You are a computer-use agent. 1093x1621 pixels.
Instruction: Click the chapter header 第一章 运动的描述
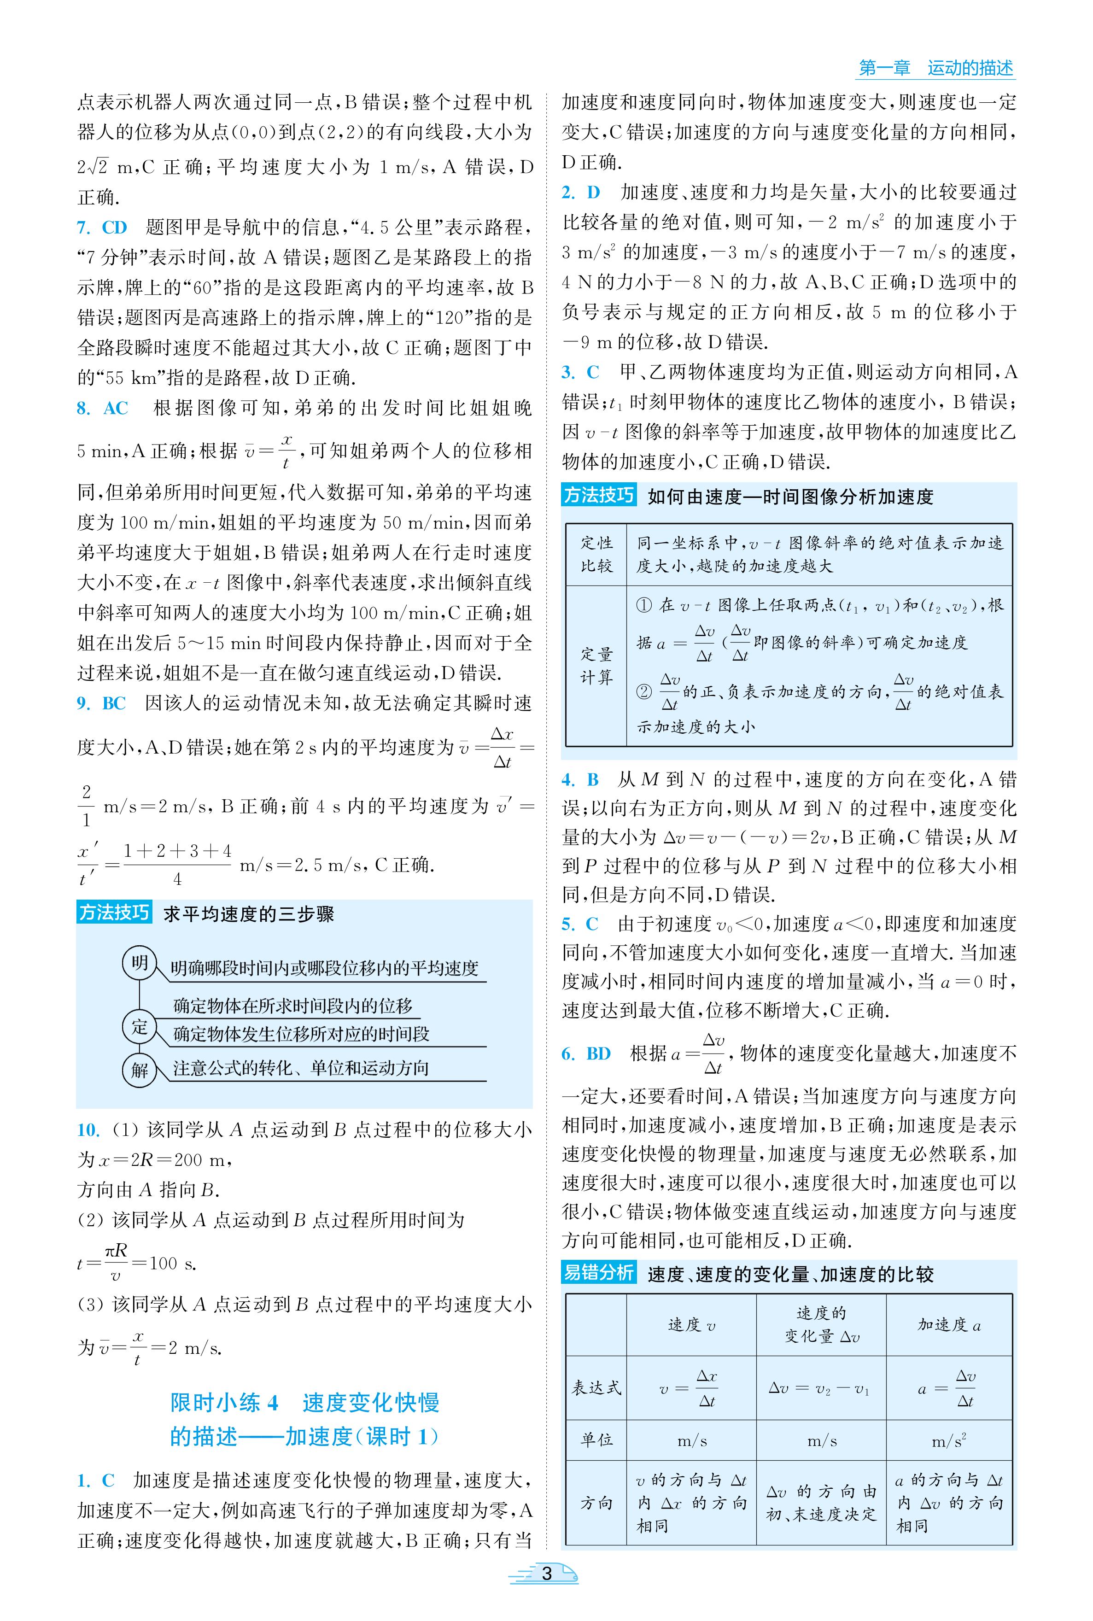click(935, 68)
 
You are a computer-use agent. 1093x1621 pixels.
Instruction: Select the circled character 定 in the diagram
click(140, 1026)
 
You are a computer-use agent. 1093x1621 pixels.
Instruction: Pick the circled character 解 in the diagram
click(140, 1070)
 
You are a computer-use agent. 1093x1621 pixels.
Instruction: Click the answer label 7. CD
click(102, 227)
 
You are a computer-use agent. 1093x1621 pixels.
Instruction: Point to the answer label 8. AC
click(102, 408)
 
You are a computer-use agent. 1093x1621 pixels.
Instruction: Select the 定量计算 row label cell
click(596, 666)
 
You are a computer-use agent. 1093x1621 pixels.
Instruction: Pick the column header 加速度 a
click(949, 1325)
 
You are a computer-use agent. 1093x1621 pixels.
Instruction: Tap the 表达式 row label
click(596, 1387)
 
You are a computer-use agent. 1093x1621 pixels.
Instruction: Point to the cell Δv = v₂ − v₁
click(820, 1387)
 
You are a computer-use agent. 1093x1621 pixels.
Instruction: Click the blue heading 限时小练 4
click(224, 1402)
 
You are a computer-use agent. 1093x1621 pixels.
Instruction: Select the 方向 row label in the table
click(596, 1503)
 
